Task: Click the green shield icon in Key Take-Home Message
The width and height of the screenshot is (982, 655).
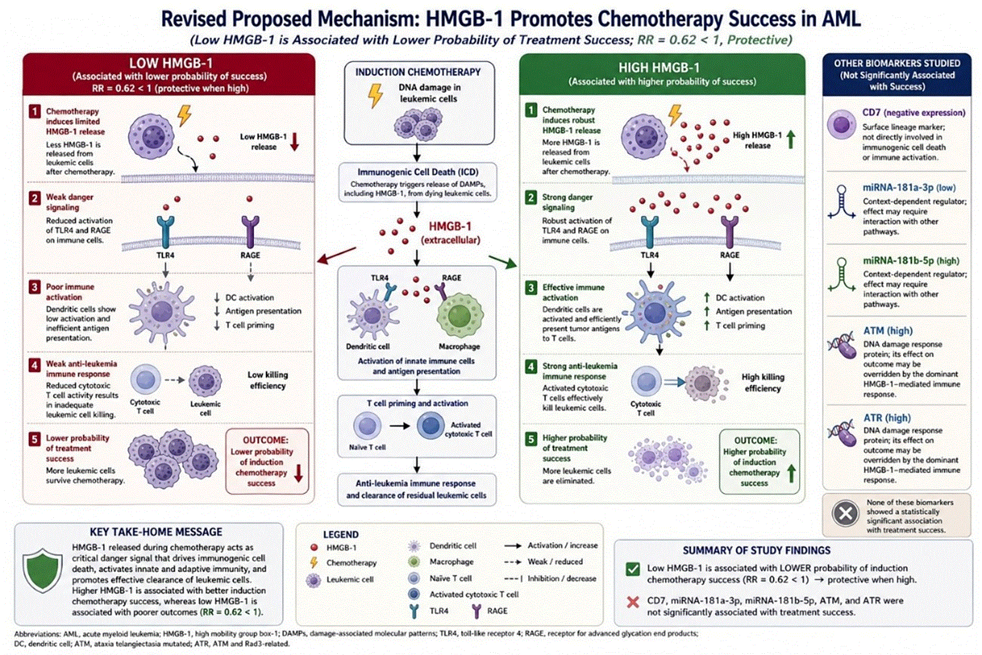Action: coord(42,570)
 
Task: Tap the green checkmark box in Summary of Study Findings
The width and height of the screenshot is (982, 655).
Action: coord(633,569)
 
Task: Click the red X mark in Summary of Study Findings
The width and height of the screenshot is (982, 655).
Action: coord(633,602)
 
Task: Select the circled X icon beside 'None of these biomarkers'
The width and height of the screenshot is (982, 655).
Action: coord(845,513)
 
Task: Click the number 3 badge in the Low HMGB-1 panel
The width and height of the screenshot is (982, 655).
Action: coord(34,287)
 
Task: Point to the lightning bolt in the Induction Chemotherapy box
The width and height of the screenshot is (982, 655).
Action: coord(375,95)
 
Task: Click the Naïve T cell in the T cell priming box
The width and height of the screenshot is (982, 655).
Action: coord(367,426)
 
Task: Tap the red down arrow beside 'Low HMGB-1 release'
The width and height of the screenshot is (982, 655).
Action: coord(295,142)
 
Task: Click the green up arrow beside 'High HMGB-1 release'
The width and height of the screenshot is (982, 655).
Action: coord(791,139)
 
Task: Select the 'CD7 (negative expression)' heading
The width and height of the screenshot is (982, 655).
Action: coord(914,113)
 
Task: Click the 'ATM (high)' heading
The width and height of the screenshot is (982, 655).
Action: coord(888,331)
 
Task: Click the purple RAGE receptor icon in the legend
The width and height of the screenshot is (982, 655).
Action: coord(476,611)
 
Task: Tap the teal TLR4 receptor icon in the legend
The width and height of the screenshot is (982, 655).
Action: coord(414,611)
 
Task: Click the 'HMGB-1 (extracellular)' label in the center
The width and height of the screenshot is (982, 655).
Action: coord(450,233)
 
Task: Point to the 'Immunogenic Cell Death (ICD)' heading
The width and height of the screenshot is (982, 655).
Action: coord(418,172)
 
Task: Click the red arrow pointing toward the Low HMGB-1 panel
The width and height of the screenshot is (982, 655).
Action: coord(337,256)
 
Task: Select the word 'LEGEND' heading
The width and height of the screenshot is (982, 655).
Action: coord(341,535)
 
